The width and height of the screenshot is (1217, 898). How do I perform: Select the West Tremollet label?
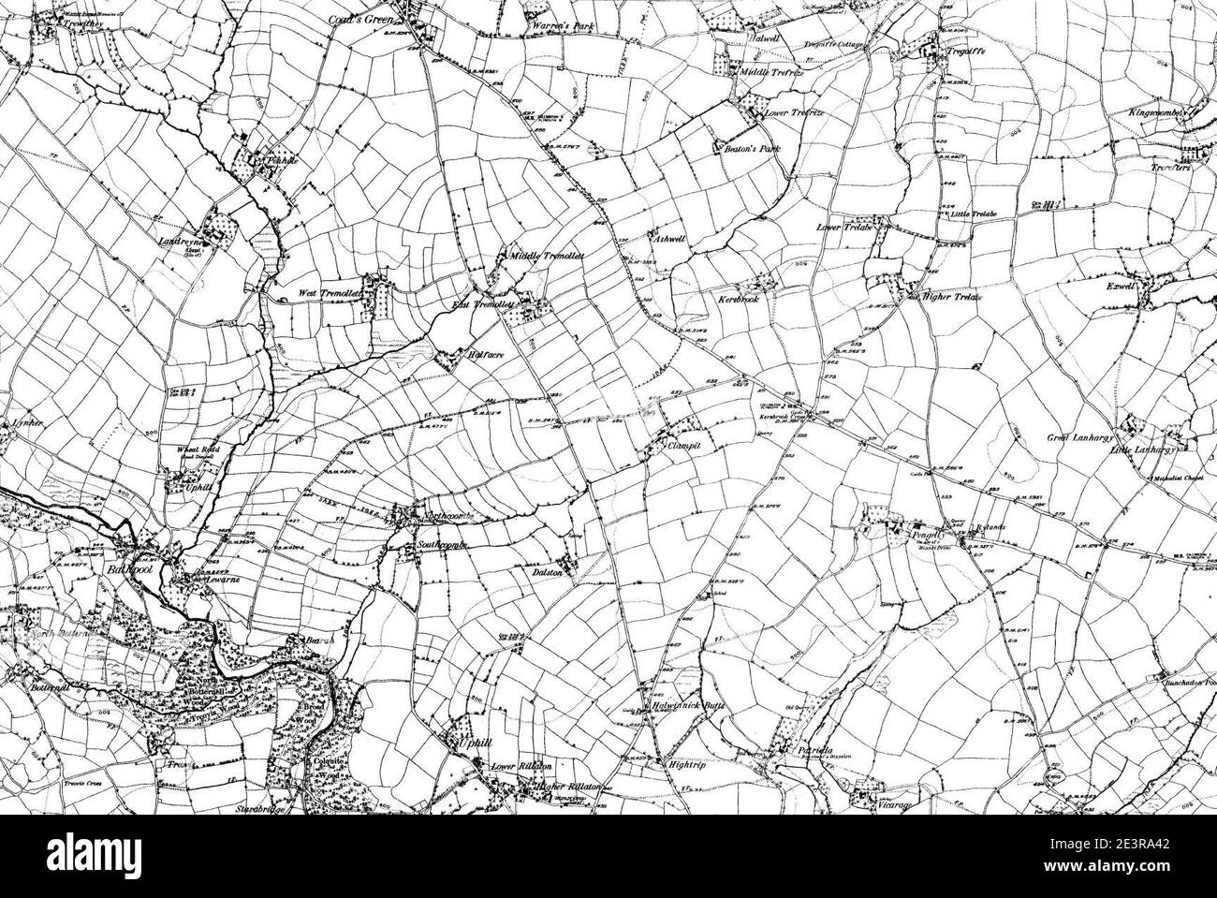[328, 294]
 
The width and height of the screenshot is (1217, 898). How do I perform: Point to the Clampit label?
[683, 447]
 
